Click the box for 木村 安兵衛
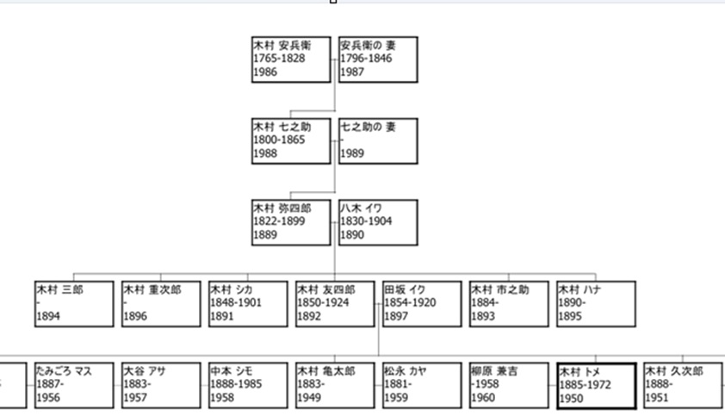[x=291, y=59]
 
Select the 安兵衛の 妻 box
[x=378, y=59]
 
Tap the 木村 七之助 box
[x=291, y=140]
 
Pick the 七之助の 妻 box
[x=378, y=140]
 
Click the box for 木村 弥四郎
[x=291, y=221]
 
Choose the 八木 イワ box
[x=378, y=221]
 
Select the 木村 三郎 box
[x=74, y=303]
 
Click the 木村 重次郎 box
[x=161, y=303]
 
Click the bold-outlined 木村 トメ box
[x=596, y=384]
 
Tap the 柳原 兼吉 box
[x=509, y=384]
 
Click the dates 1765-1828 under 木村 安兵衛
[x=279, y=58]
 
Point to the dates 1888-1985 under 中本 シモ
[x=236, y=385]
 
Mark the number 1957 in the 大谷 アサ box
[x=135, y=398]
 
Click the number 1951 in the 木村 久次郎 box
[x=657, y=398]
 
